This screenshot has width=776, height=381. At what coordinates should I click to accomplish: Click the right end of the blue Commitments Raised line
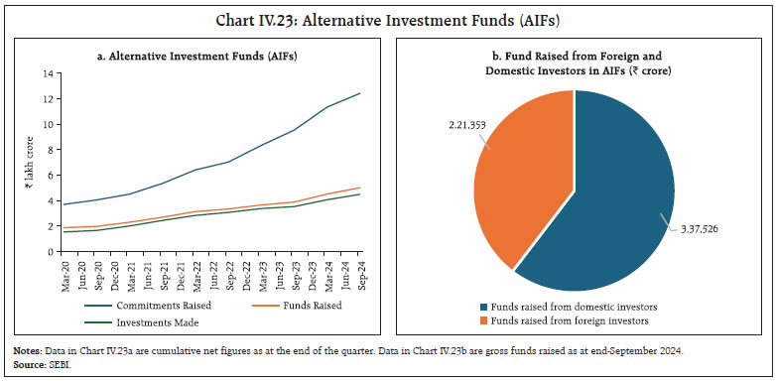[359, 93]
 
